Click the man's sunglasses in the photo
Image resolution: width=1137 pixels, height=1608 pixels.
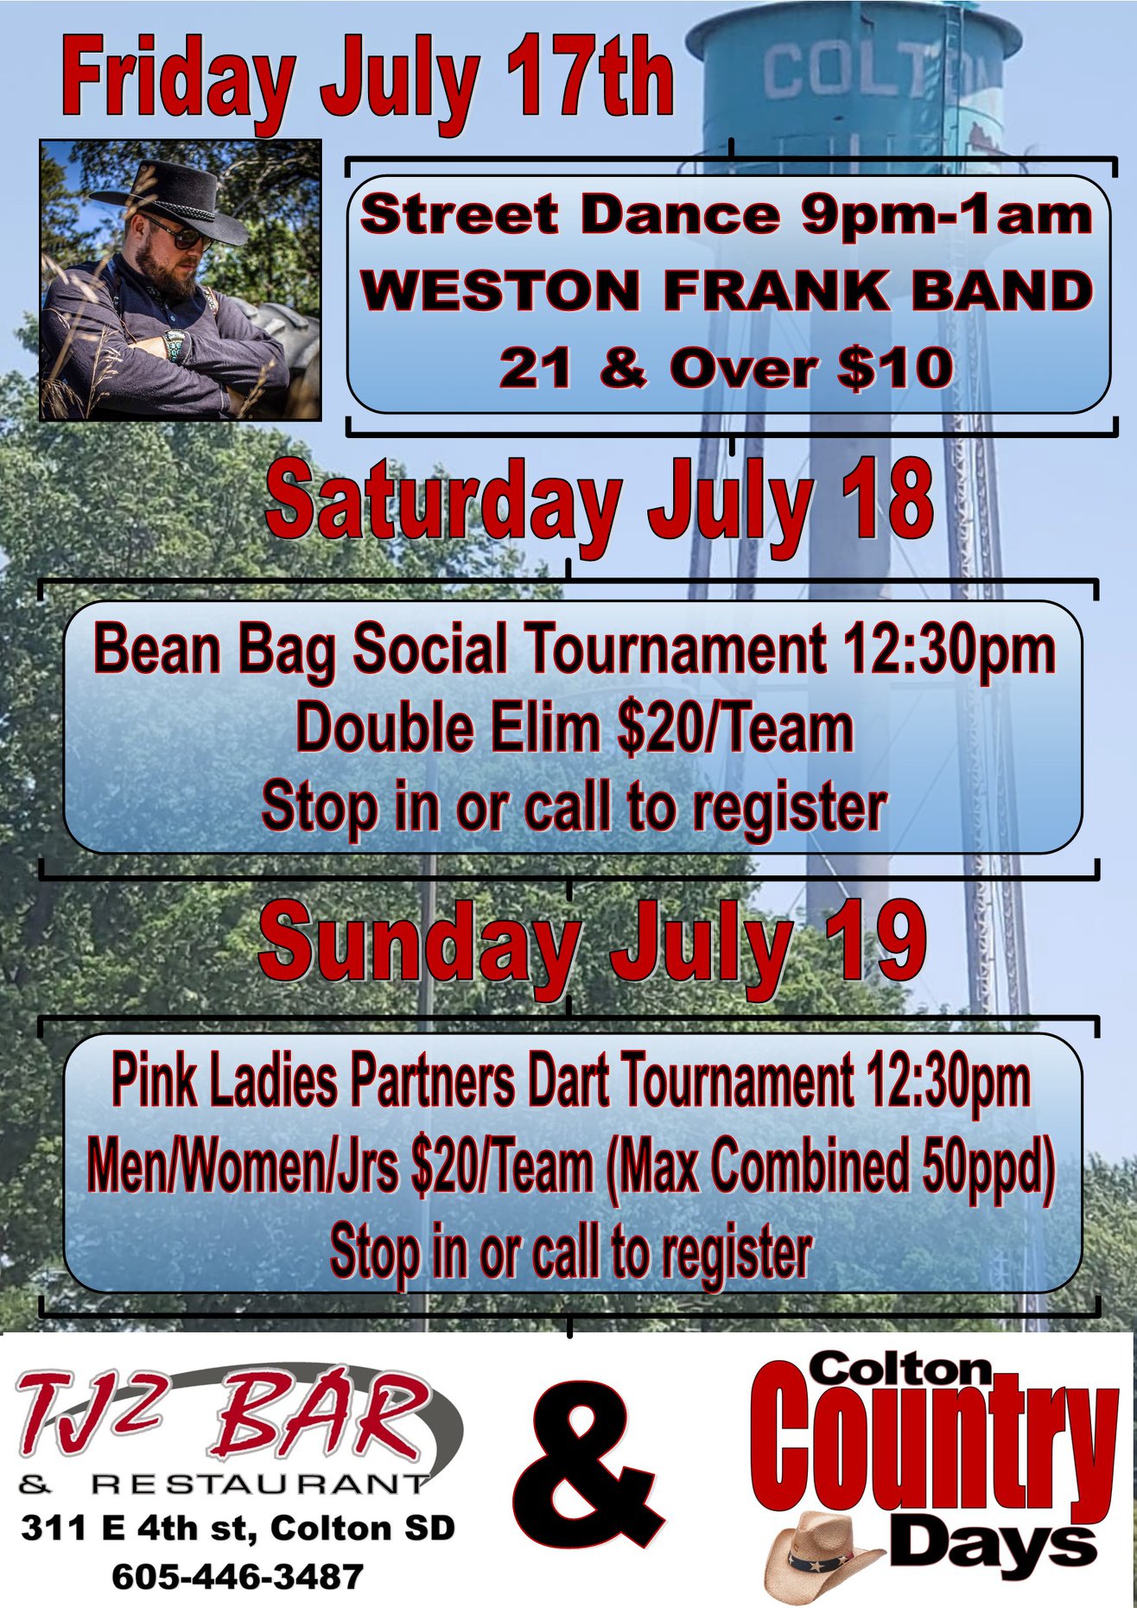(176, 233)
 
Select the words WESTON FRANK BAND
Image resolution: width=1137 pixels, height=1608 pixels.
(727, 290)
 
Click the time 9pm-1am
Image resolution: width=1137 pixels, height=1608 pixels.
(947, 216)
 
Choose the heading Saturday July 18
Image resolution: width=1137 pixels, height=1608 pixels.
(600, 503)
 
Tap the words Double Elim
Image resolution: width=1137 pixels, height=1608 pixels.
(447, 728)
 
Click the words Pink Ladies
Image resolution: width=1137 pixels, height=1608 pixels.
(224, 1081)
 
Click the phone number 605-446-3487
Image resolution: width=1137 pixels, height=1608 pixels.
(237, 1576)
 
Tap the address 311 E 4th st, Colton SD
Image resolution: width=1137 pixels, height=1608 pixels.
(238, 1528)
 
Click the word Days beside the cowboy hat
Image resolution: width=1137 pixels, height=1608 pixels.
(993, 1544)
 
